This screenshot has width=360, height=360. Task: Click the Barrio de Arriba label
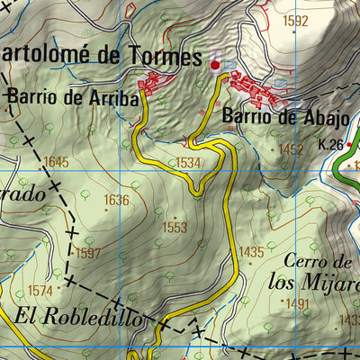(73, 98)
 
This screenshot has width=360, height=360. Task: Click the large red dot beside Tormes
(214, 65)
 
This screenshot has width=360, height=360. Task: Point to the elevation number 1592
(294, 21)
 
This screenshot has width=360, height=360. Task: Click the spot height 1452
(291, 149)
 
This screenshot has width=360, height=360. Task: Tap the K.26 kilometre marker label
(331, 144)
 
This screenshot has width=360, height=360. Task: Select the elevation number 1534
(187, 163)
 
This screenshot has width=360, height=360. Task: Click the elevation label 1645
(55, 162)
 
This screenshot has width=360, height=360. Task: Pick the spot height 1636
(116, 200)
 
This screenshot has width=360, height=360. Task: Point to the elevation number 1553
(175, 228)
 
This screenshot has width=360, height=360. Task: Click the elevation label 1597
(88, 253)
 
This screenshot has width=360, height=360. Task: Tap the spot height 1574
(40, 290)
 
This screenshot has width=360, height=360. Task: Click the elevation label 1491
(297, 304)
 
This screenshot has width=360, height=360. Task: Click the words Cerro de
(315, 262)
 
